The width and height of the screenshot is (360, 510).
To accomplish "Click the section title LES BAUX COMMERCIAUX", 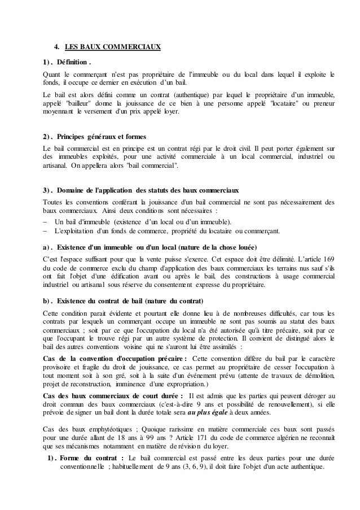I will [x=113, y=47].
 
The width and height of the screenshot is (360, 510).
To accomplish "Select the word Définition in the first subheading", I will [x=72, y=61].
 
